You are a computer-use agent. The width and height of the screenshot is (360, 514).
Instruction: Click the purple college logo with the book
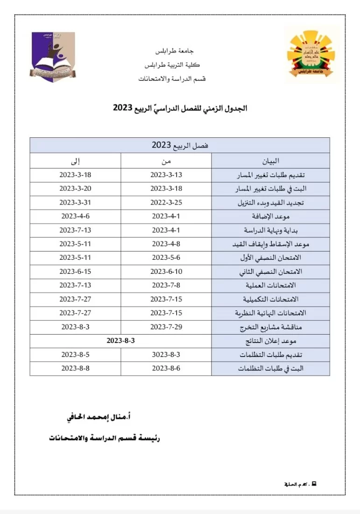pos(53,57)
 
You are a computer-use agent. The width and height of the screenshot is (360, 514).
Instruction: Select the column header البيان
pos(270,161)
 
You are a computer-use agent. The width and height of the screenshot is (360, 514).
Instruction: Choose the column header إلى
pos(75,161)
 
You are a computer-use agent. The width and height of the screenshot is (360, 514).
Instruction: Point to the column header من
pos(166,161)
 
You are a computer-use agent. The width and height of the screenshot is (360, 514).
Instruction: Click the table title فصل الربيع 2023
pos(180,145)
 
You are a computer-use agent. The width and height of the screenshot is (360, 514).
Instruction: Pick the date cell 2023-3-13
pos(166,175)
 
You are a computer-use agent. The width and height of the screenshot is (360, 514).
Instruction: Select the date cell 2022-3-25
pos(166,203)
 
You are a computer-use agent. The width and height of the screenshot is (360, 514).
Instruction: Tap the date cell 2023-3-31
pos(75,203)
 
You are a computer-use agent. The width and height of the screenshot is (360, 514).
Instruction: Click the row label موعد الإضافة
pos(277,217)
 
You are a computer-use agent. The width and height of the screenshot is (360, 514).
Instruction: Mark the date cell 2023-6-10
pos(166,271)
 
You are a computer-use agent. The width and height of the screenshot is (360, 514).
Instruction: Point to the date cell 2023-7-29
pos(166,327)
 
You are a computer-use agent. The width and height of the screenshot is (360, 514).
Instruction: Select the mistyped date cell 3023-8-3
pos(166,355)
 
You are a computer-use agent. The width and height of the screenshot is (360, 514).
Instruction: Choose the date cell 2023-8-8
pos(75,368)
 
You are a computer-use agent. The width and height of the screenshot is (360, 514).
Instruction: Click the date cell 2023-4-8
pos(166,244)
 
